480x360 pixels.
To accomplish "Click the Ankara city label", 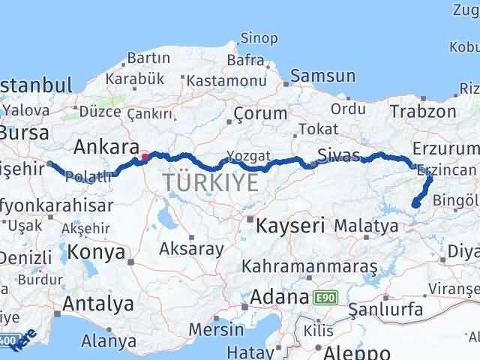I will (106, 145).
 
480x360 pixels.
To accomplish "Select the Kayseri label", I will (290, 224).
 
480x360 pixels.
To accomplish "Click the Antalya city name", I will (98, 304).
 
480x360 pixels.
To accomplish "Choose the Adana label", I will (279, 296).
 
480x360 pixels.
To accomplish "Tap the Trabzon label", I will (422, 111).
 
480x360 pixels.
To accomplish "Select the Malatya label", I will (366, 225).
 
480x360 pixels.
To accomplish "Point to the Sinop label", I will (258, 37).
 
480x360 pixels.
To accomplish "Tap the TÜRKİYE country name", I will (211, 181).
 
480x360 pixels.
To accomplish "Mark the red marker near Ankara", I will (145, 157).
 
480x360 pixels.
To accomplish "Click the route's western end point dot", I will (50, 163).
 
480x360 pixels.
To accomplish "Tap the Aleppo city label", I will (352, 352).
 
